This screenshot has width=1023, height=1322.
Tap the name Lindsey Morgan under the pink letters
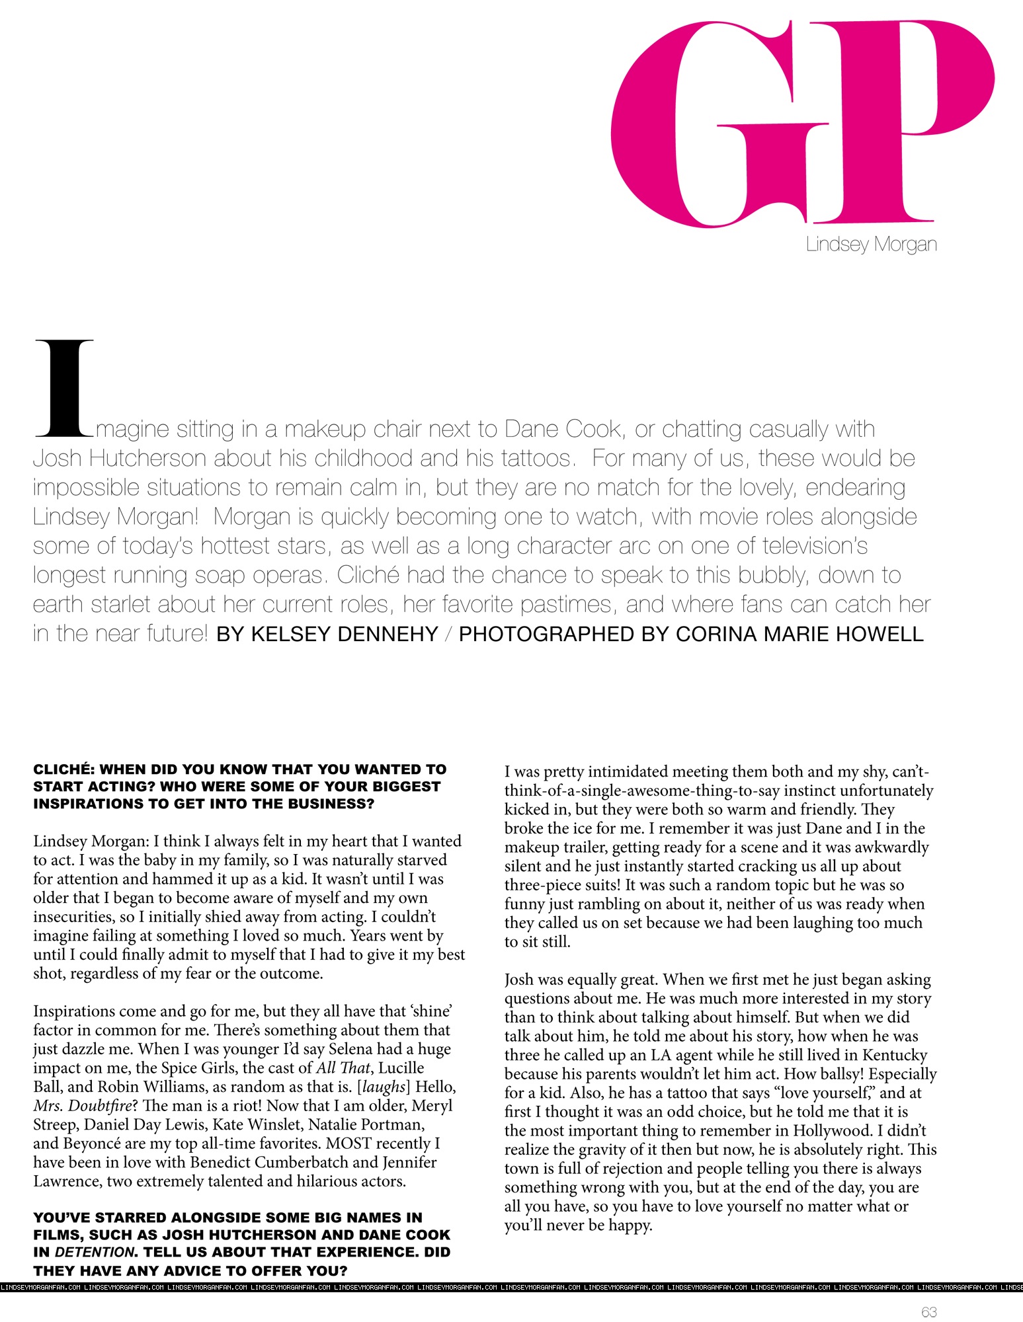(871, 245)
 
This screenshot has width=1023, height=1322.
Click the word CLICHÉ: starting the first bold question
(63, 769)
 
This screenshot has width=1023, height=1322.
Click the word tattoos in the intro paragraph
(536, 458)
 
